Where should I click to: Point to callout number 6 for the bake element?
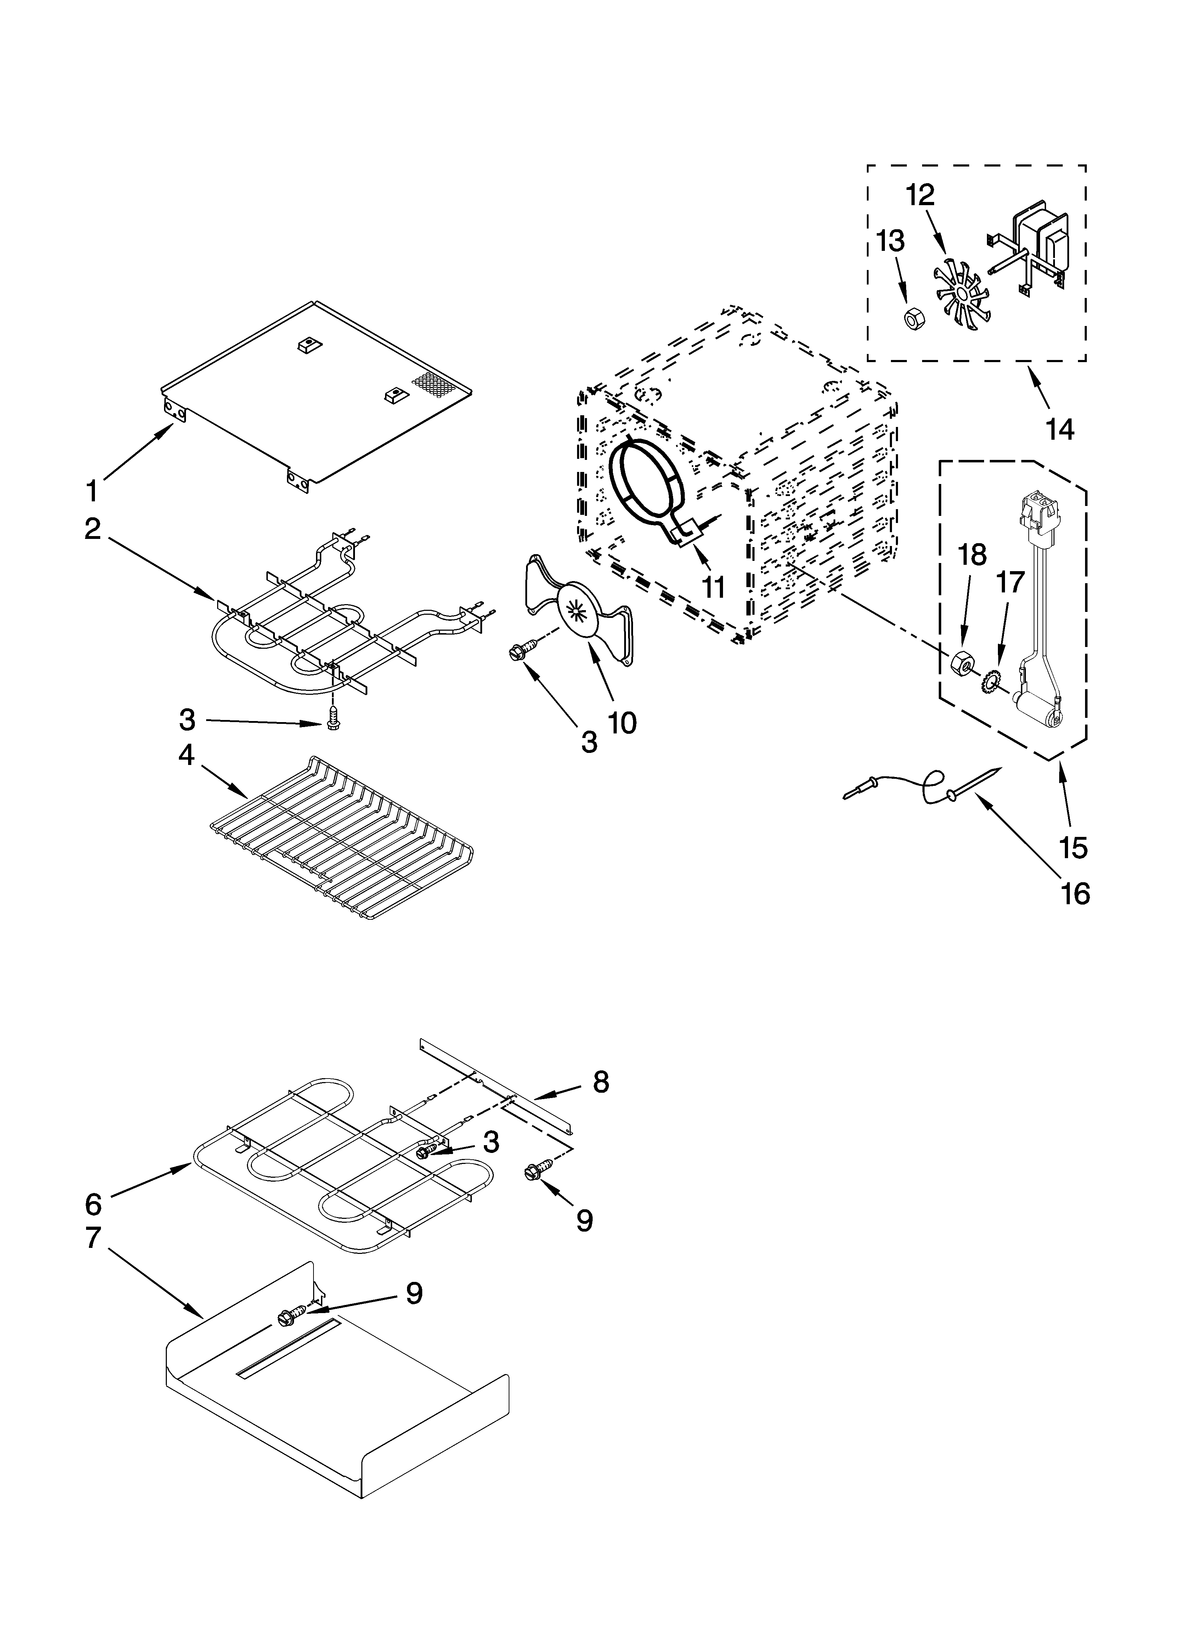tap(93, 1204)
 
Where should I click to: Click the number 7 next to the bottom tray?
tap(93, 1238)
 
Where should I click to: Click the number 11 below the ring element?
tap(714, 586)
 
